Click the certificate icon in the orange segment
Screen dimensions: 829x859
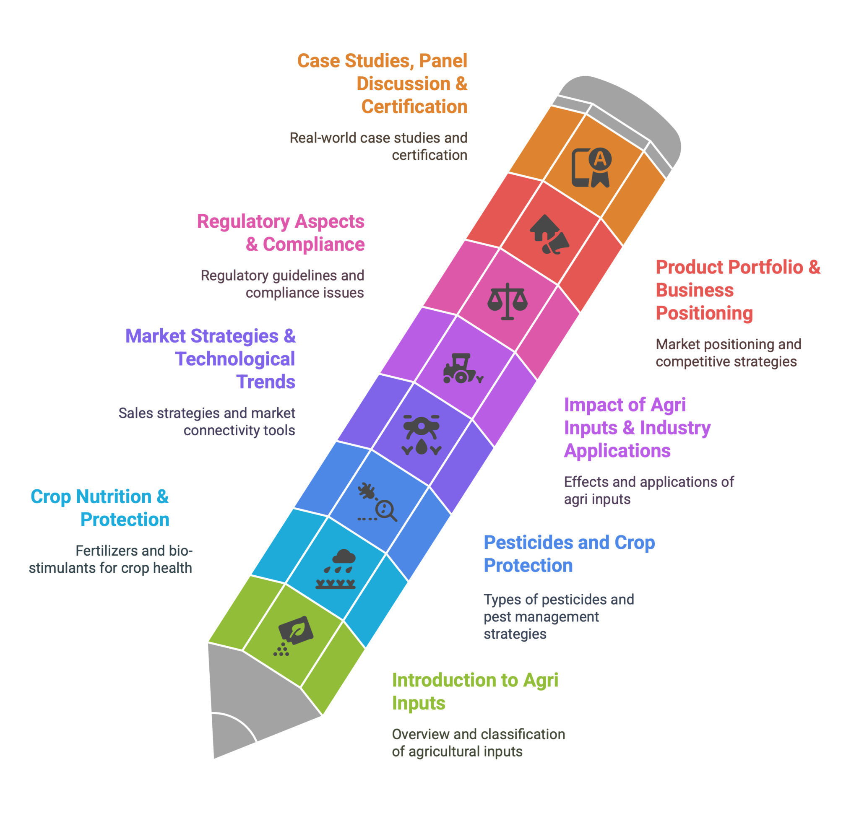tap(591, 168)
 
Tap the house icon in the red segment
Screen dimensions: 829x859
tap(549, 234)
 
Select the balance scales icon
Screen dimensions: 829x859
tap(507, 301)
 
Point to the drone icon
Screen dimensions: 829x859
tap(421, 435)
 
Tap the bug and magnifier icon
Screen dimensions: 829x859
tap(377, 502)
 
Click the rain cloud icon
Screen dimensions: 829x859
tap(336, 569)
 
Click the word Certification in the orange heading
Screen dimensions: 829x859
tap(414, 107)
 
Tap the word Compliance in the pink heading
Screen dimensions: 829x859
tap(313, 244)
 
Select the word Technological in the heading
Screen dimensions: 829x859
tap(235, 359)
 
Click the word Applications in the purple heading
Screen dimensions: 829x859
tap(617, 451)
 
